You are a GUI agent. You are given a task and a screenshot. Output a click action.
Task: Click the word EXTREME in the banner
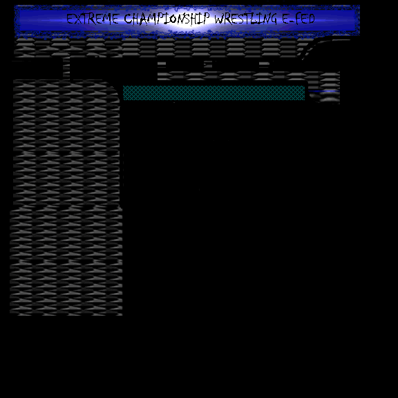[x=93, y=19]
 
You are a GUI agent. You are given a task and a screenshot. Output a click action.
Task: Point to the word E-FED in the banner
[x=298, y=19]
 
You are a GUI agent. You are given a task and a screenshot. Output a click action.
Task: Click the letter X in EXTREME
[x=77, y=19]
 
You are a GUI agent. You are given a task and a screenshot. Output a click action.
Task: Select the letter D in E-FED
[x=312, y=19]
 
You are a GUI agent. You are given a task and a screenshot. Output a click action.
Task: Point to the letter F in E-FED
[x=298, y=19]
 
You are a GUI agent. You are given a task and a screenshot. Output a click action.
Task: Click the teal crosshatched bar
[x=214, y=93]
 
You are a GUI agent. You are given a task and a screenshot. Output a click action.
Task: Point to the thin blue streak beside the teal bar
[x=324, y=91]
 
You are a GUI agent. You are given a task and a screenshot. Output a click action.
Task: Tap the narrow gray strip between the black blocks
[x=66, y=68]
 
